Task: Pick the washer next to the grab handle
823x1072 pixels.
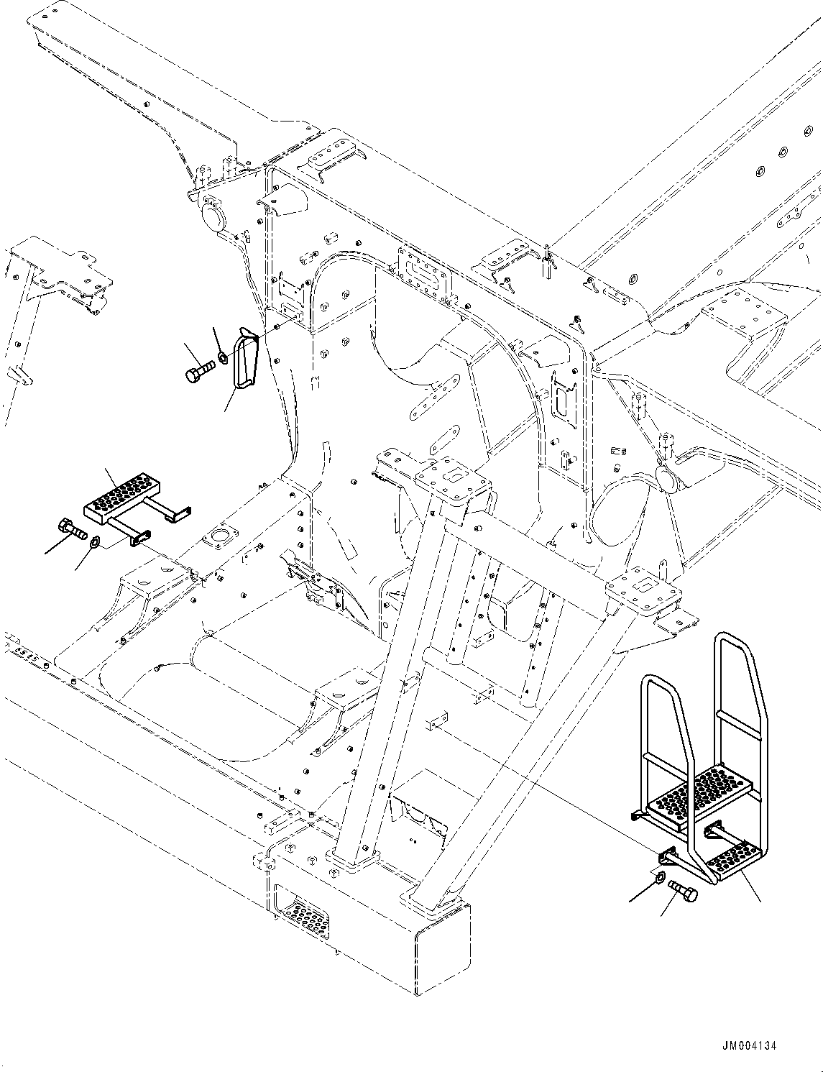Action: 222,356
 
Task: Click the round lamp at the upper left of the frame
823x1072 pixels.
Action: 213,217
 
